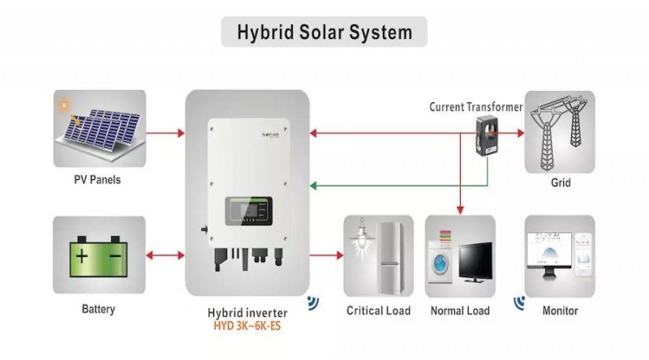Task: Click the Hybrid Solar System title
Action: [324, 32]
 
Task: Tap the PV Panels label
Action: [98, 179]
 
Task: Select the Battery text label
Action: [98, 309]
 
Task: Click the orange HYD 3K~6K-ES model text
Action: [248, 327]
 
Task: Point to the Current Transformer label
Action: [475, 106]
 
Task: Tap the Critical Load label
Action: [378, 311]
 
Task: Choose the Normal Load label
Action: [460, 311]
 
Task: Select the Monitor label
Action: [560, 311]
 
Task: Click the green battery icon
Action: [98, 257]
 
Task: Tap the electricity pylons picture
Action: [560, 130]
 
